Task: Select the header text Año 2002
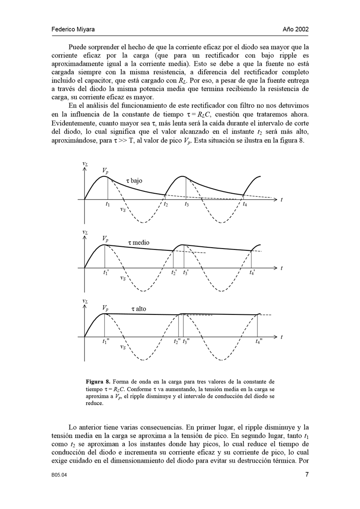tap(296, 29)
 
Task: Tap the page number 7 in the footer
tap(307, 475)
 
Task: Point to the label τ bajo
tap(134, 181)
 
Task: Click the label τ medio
tap(138, 243)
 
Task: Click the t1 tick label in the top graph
tap(107, 205)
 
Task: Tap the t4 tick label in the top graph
tap(245, 205)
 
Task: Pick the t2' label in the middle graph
tap(174, 273)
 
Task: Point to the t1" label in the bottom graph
tap(106, 342)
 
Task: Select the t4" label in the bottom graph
tap(258, 342)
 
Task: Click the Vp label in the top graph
tap(105, 171)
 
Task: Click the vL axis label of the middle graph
tap(85, 232)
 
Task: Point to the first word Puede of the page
tap(77, 47)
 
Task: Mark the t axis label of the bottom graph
tap(281, 337)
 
